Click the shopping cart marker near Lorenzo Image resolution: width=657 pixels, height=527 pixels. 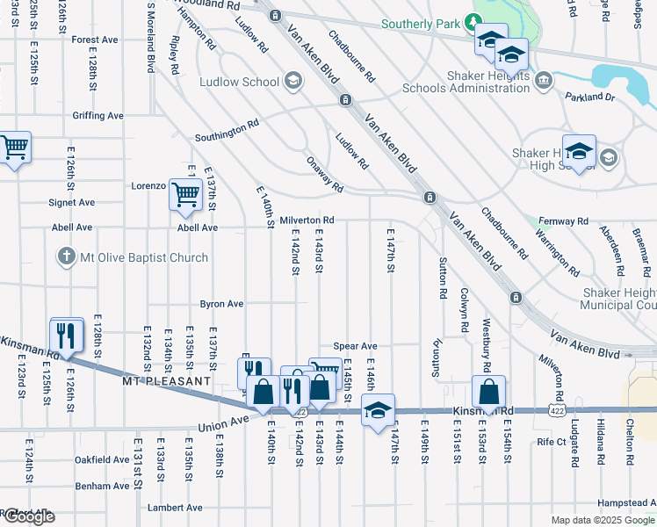click(x=184, y=194)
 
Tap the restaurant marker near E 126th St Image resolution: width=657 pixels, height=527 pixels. click(x=67, y=334)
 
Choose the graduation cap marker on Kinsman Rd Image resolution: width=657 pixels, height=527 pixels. click(x=378, y=410)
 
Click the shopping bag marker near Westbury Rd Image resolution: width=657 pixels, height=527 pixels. click(x=489, y=392)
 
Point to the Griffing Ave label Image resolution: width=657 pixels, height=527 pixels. click(x=97, y=116)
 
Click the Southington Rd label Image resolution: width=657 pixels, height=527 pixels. click(x=227, y=132)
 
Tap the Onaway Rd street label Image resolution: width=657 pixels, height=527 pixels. click(x=325, y=175)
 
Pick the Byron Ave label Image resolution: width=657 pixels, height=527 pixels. click(x=221, y=304)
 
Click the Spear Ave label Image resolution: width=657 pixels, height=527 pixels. click(x=355, y=347)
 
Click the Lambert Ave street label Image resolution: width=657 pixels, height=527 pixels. click(x=175, y=508)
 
